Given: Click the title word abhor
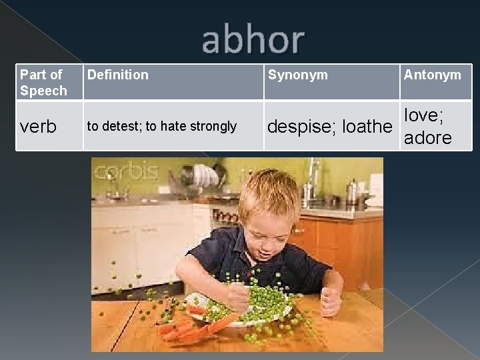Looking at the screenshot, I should coord(253,41).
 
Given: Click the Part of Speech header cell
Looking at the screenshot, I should coord(44,83).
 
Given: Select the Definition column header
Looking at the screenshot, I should coord(118,75).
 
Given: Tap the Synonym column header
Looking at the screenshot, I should coord(297,75).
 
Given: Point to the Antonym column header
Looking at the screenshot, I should coord(431,75).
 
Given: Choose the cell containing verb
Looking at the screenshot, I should coord(39,127).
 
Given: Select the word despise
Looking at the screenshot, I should coord(298,126).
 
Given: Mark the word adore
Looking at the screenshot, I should coord(428,137).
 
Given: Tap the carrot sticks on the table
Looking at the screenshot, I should coord(193,325).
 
